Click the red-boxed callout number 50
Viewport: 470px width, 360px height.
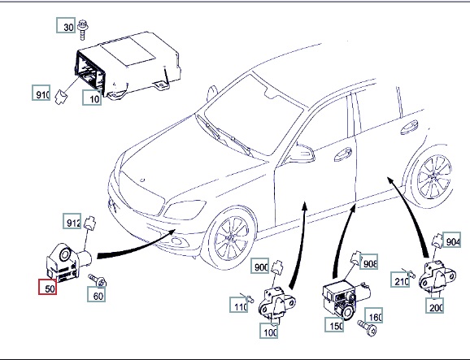[x=47, y=287]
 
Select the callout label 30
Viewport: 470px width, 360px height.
[x=66, y=25]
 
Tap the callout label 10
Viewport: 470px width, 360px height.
[x=92, y=98]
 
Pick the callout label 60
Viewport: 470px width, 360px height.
[x=97, y=294]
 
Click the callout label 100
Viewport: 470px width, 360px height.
[x=269, y=331]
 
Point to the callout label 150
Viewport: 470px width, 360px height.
[x=334, y=324]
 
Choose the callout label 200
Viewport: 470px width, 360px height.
[x=434, y=306]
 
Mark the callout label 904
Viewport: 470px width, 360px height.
[x=452, y=239]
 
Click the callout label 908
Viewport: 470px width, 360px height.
[x=368, y=262]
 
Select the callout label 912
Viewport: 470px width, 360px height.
[x=72, y=221]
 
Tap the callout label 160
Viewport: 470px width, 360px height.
[x=374, y=315]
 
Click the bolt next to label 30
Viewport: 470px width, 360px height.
[x=82, y=30]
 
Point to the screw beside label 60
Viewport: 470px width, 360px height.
[x=98, y=280]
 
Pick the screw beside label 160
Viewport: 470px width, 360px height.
[x=368, y=327]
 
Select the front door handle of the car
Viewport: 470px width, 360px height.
[x=343, y=154]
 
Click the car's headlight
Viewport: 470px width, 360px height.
[x=184, y=210]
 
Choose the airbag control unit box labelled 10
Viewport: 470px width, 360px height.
[x=128, y=65]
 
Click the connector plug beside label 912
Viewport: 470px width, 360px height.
[x=89, y=222]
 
